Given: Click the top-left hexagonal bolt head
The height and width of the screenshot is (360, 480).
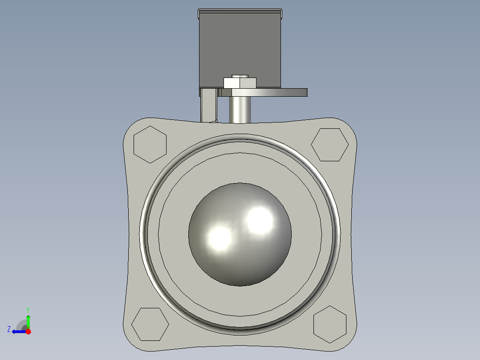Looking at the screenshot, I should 150,144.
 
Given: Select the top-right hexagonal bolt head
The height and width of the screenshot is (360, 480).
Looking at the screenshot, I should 329,145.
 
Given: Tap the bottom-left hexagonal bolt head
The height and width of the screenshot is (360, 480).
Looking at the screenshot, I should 150,324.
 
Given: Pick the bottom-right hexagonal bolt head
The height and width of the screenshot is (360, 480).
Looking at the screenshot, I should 330,324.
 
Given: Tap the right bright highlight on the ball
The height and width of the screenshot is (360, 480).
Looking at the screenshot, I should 260,220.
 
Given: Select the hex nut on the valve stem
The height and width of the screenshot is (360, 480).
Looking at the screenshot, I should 240,83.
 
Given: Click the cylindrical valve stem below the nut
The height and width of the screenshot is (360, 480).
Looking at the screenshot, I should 240,109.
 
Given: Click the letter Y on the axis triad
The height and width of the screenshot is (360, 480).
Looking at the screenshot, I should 28,309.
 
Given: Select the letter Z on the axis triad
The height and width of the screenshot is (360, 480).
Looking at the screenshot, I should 9,329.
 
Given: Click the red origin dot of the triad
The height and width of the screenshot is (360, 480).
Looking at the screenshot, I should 28,331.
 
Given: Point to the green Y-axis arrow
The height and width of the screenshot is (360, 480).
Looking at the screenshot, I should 28,321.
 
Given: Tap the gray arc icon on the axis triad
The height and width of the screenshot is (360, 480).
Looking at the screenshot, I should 22,325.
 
